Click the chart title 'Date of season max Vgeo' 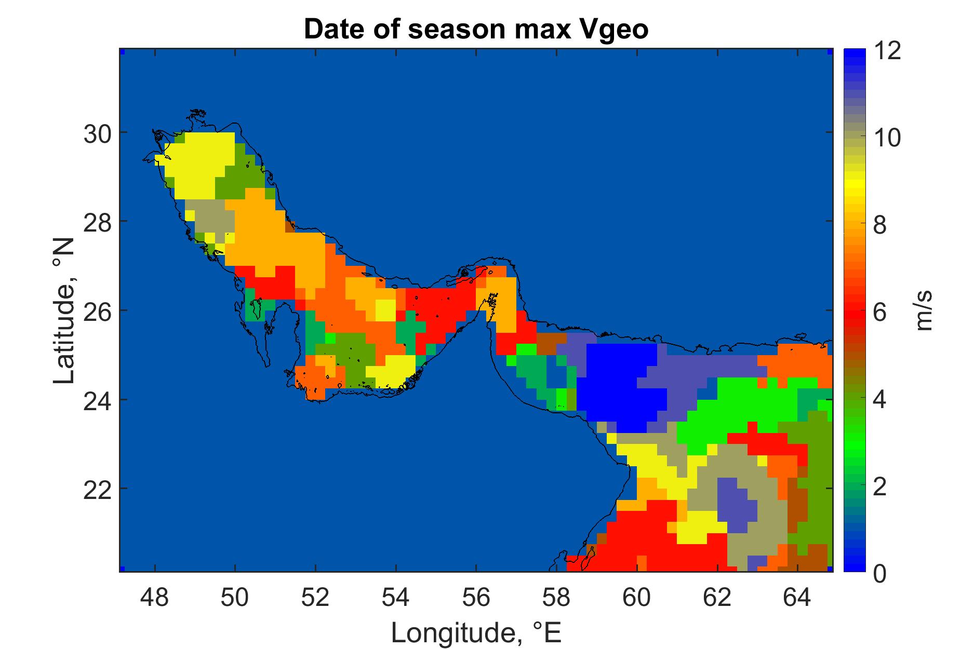(476, 30)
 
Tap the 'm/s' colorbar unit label (924, 310)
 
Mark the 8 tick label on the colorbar (879, 226)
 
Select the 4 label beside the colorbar (879, 400)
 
